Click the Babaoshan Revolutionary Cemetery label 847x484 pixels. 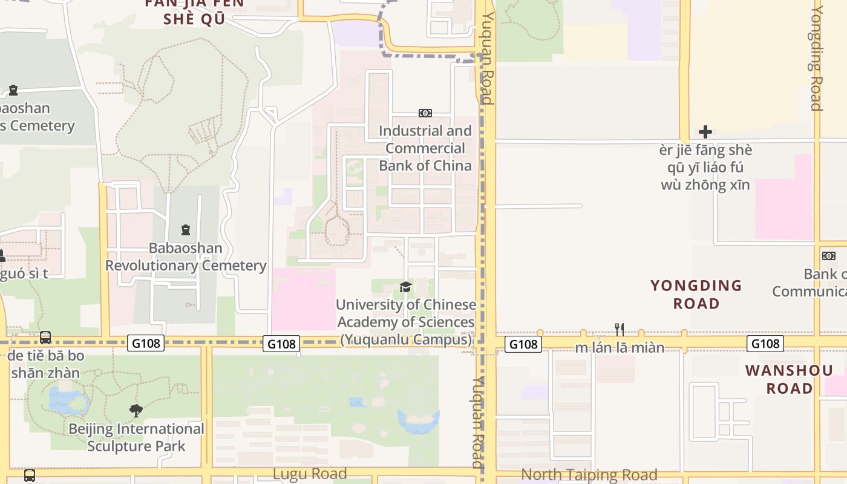click(186, 257)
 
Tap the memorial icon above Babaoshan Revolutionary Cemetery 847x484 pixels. click(185, 230)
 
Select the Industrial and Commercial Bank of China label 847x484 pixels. click(425, 148)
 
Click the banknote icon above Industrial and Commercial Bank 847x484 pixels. click(425, 113)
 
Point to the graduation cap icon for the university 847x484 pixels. click(405, 287)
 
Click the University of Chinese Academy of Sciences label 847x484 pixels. click(406, 322)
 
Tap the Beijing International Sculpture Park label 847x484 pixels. click(136, 437)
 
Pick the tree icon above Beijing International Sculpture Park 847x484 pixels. click(136, 411)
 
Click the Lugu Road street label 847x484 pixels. click(310, 474)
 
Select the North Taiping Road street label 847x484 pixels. click(589, 475)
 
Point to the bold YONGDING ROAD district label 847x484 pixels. click(696, 294)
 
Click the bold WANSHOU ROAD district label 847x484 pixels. click(789, 379)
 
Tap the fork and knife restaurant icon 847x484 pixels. click(619, 329)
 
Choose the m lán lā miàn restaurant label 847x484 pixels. click(620, 348)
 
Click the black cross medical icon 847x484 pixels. click(705, 132)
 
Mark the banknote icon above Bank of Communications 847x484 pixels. click(829, 256)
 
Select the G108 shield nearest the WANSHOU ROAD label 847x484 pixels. click(765, 344)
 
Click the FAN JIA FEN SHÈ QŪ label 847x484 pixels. click(194, 10)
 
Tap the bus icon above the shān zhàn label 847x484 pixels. click(45, 337)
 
